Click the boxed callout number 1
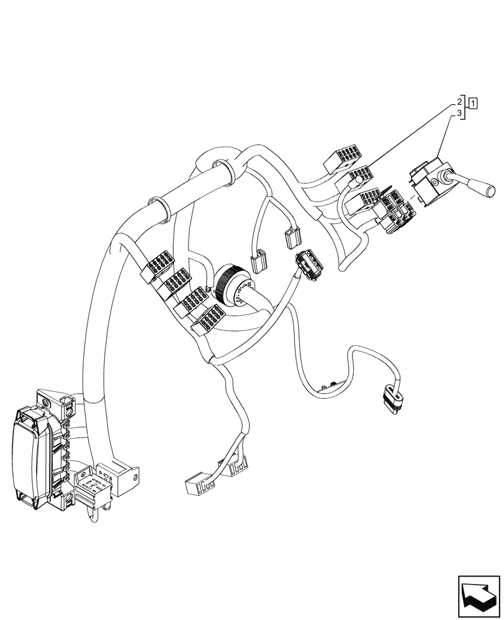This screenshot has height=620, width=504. (473, 103)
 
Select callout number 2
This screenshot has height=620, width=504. (460, 101)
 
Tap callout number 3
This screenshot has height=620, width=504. (460, 113)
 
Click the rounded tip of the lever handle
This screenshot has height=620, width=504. (491, 190)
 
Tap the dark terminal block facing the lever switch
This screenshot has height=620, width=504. (395, 211)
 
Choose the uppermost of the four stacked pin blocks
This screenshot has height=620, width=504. (157, 263)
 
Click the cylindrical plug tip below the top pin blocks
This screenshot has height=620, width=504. (355, 182)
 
